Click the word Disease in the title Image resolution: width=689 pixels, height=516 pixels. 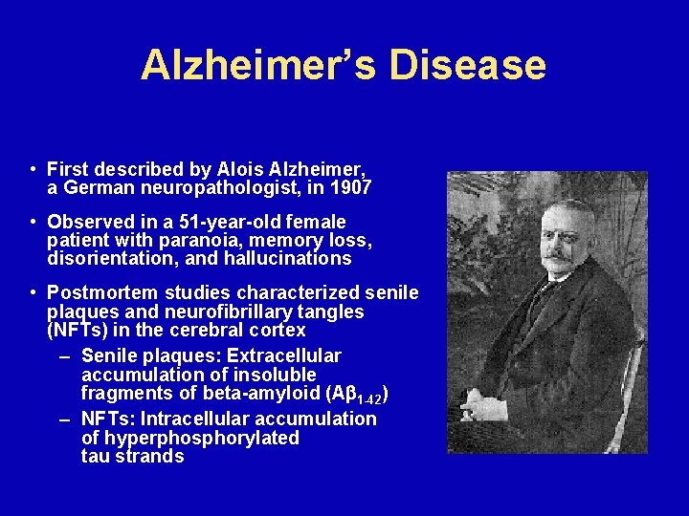[x=468, y=65]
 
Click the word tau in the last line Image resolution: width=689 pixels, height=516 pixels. [x=96, y=456]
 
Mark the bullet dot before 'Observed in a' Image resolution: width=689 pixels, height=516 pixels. [x=33, y=222]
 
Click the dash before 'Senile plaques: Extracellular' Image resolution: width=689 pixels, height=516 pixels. [x=65, y=356]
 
